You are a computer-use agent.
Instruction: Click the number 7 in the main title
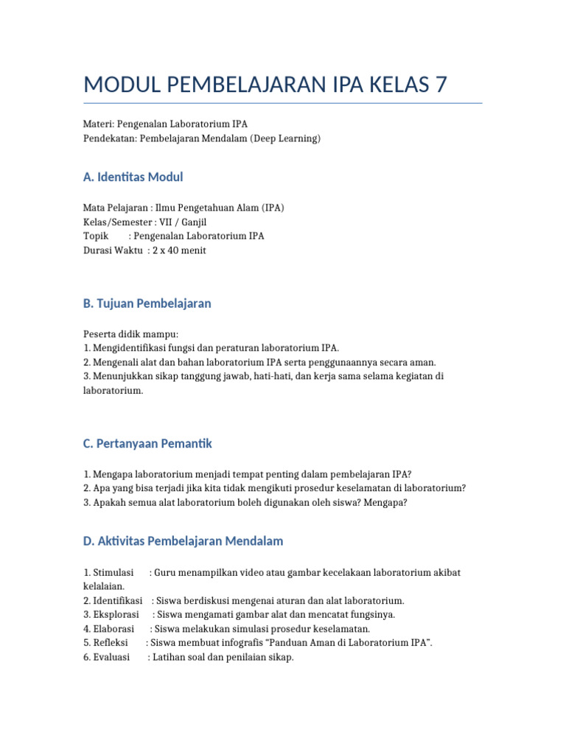(x=440, y=84)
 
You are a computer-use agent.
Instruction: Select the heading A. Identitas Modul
(x=133, y=177)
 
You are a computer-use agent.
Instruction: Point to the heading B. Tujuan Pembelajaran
(x=147, y=303)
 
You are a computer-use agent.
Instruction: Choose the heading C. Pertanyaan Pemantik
(x=147, y=443)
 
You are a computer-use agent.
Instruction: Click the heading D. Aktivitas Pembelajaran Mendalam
(x=183, y=541)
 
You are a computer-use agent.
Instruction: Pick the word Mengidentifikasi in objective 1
(x=129, y=348)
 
